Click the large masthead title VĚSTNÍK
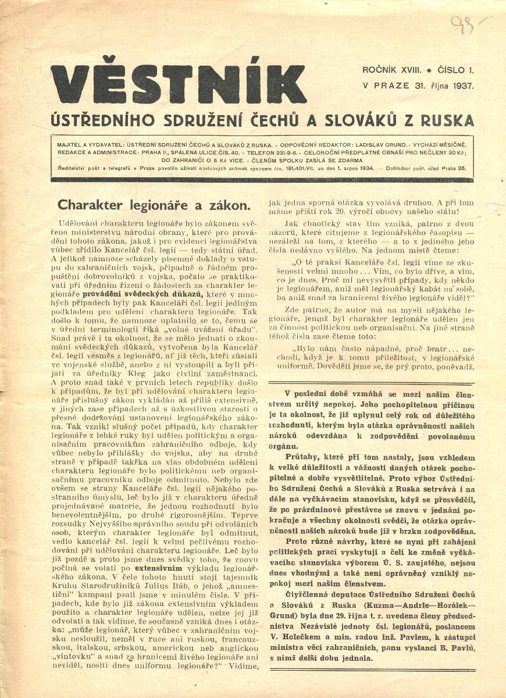179,85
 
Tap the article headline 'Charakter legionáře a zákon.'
154,205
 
